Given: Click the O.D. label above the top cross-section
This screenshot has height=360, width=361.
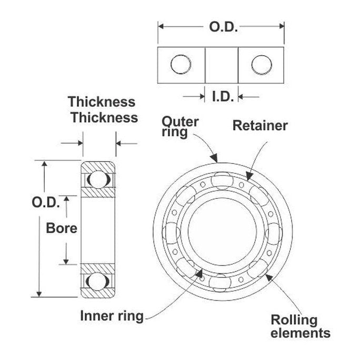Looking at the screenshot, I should (224, 27).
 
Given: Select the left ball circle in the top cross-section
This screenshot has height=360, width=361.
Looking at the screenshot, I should (180, 65).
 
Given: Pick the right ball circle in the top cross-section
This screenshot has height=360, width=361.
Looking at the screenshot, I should (261, 65).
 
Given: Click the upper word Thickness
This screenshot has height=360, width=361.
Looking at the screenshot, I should (101, 102).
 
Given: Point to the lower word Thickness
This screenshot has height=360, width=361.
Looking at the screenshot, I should (104, 117).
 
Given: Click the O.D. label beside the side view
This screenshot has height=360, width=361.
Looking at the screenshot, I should (46, 202).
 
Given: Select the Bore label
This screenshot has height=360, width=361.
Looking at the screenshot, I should (62, 228).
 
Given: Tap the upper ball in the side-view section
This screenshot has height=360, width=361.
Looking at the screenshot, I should (97, 179).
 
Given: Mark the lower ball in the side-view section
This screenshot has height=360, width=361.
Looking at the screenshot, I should (97, 281).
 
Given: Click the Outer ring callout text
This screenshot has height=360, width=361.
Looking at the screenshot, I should (179, 127).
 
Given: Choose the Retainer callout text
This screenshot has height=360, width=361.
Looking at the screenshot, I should (260, 126).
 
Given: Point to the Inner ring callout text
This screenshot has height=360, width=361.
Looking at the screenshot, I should (112, 316).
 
